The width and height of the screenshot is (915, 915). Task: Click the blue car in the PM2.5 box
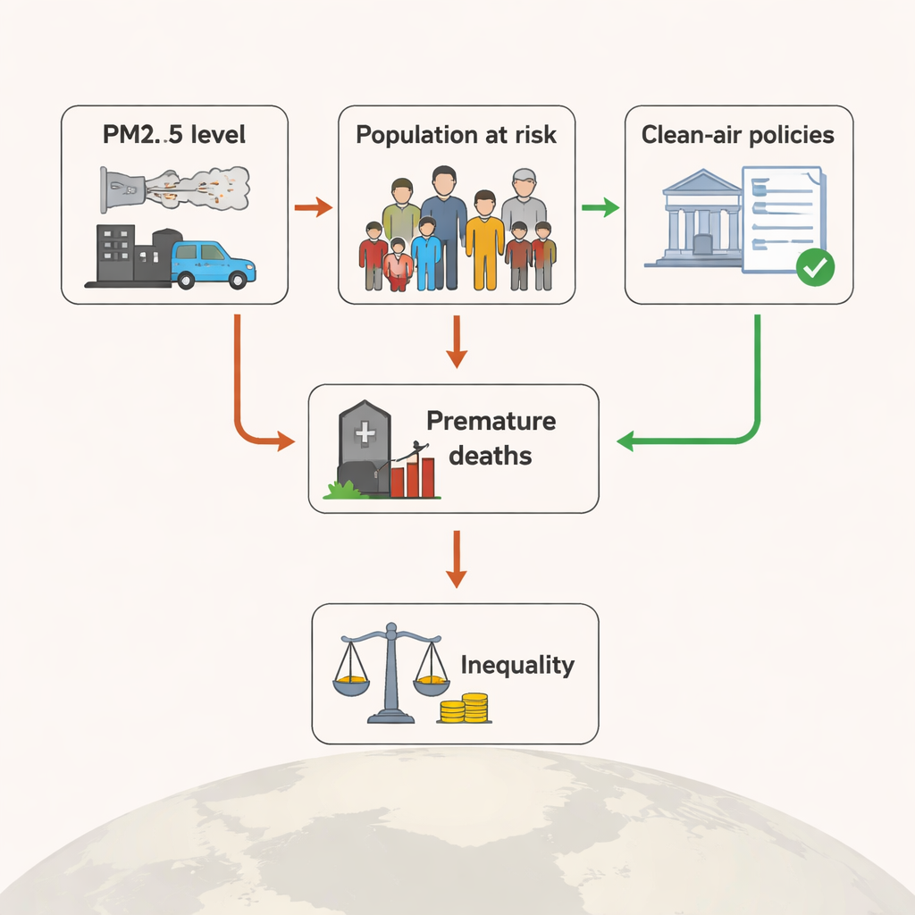212,263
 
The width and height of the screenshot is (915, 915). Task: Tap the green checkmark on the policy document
814,267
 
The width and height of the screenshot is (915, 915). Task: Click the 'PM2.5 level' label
174,137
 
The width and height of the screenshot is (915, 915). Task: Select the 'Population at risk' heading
456,135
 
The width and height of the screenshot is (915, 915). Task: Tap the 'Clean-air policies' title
737,135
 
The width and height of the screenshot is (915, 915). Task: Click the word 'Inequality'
516,666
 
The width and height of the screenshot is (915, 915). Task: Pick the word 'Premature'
491,421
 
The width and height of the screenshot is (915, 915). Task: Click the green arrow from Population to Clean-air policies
600,209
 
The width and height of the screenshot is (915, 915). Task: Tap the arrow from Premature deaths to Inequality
457,558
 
